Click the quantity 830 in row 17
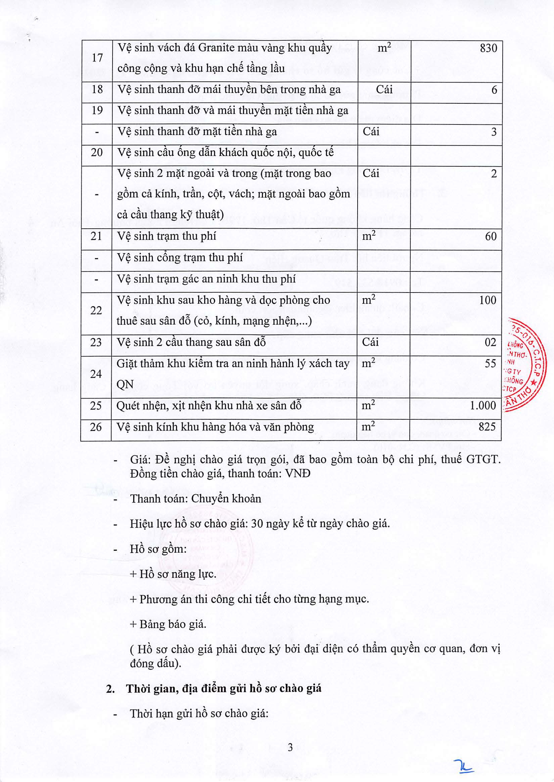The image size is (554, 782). point(489,48)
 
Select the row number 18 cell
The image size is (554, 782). point(97,90)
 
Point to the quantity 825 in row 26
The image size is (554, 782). point(487,426)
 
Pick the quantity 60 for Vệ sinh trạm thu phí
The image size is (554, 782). point(491,236)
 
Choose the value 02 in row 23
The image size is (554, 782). point(490,342)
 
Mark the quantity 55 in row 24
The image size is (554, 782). point(490,363)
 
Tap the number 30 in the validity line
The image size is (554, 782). point(257,523)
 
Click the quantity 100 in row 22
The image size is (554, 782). point(488,300)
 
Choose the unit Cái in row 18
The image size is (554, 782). point(384,89)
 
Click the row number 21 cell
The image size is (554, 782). point(96,236)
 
